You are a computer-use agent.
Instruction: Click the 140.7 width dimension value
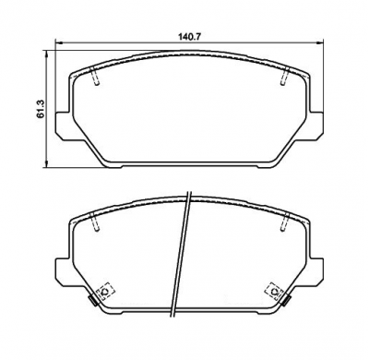(x=189, y=37)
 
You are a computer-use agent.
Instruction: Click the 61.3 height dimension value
(x=41, y=109)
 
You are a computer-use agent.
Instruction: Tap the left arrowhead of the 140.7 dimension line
(x=58, y=42)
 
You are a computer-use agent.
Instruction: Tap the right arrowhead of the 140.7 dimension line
(x=320, y=42)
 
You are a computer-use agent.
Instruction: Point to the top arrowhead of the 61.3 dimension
(x=46, y=54)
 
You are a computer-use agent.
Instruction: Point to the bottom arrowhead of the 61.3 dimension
(x=46, y=163)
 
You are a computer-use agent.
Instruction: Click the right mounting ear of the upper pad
(x=315, y=126)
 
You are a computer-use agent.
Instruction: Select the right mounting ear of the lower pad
(x=315, y=273)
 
